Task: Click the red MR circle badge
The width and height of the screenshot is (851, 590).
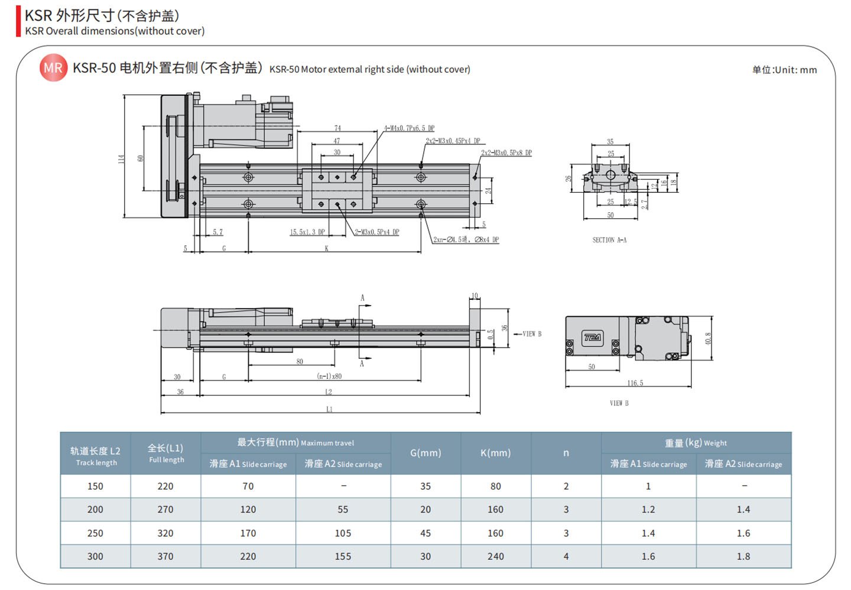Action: pyautogui.click(x=53, y=68)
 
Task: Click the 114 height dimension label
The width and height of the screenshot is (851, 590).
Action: pyautogui.click(x=121, y=158)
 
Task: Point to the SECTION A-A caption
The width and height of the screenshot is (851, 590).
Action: pyautogui.click(x=609, y=240)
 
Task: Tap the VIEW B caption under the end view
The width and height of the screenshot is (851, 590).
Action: pyautogui.click(x=619, y=403)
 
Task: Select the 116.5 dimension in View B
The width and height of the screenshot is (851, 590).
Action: pyautogui.click(x=635, y=383)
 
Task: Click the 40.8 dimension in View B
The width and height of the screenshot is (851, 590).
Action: pyautogui.click(x=708, y=338)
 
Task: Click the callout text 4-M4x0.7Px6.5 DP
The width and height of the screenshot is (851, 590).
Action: pyautogui.click(x=409, y=128)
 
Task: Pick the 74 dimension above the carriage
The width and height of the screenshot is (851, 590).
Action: pyautogui.click(x=337, y=128)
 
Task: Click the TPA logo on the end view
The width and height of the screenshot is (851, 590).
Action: pyautogui.click(x=592, y=338)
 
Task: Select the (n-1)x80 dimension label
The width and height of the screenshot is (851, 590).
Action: pyautogui.click(x=329, y=376)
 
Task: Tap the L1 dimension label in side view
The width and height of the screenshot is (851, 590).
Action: pyautogui.click(x=329, y=409)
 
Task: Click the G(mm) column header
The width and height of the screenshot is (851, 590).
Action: pyautogui.click(x=425, y=453)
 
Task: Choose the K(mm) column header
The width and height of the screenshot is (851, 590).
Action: pyautogui.click(x=495, y=453)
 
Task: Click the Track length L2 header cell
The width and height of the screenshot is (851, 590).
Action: pyautogui.click(x=95, y=456)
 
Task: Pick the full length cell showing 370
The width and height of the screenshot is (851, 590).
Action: pyautogui.click(x=165, y=556)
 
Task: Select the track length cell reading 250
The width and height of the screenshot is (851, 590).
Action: pyautogui.click(x=95, y=533)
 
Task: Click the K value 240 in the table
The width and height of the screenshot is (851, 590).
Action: pyautogui.click(x=495, y=556)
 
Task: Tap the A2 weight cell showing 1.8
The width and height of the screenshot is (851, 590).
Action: pyautogui.click(x=743, y=556)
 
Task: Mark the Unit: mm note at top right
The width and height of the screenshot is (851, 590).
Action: pyautogui.click(x=784, y=70)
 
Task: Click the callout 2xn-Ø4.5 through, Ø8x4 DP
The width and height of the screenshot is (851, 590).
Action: pyautogui.click(x=466, y=239)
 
